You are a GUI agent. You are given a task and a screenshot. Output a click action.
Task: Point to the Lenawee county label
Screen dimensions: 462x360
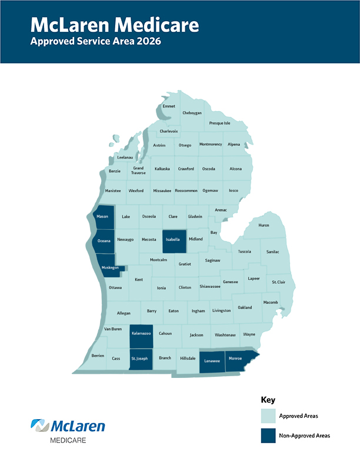pyautogui.click(x=212, y=361)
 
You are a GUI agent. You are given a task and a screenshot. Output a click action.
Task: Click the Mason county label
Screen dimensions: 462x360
pyautogui.click(x=102, y=216)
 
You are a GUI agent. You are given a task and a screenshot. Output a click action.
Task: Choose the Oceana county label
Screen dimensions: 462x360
pyautogui.click(x=104, y=240)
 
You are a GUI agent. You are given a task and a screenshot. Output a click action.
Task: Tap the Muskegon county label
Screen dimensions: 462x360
pyautogui.click(x=110, y=267)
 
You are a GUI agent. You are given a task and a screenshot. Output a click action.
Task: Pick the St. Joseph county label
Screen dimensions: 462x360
pyautogui.click(x=139, y=358)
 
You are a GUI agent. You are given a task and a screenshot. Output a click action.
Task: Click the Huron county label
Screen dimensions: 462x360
pyautogui.click(x=264, y=225)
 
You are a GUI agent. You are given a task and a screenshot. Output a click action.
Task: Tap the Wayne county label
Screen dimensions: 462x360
pyautogui.click(x=249, y=334)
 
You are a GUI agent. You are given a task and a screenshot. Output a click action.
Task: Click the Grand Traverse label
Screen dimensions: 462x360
pyautogui.click(x=138, y=170)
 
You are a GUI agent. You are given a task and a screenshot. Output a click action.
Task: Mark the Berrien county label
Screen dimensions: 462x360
pyautogui.click(x=98, y=356)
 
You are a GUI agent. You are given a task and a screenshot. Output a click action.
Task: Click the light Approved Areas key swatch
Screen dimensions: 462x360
pyautogui.click(x=269, y=416)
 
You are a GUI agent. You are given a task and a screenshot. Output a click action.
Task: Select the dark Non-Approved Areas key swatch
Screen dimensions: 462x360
pyautogui.click(x=269, y=436)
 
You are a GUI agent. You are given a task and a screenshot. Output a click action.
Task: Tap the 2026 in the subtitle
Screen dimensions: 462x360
pyautogui.click(x=148, y=42)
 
